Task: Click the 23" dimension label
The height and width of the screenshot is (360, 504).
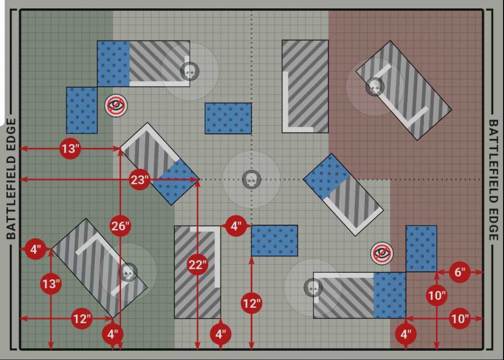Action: pos(139,180)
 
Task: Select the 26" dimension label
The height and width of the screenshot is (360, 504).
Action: pos(120,226)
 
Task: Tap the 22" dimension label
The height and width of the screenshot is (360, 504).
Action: pos(197,265)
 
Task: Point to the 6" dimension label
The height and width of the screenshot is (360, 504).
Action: pos(460,272)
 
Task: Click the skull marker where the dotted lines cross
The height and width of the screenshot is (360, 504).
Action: pos(252,180)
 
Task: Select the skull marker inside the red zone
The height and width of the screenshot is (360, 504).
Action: pos(375,87)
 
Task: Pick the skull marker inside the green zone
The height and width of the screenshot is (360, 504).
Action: pos(128,272)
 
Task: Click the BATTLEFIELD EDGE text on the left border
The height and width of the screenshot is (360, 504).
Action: pos(11,179)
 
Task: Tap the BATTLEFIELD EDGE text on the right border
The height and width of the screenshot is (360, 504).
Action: pos(493,180)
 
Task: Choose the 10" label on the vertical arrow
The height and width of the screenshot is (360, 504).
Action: pos(437,295)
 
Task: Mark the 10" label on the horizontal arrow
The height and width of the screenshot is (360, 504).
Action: pos(460,319)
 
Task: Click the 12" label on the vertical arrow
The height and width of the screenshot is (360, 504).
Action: pos(252,303)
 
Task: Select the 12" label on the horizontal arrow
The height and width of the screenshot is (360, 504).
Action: pos(82,319)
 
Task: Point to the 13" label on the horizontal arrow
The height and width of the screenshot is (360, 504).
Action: pos(70,149)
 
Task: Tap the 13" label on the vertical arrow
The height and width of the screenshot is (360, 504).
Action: pos(51,284)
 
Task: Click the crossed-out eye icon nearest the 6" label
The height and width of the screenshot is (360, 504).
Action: pos(381,253)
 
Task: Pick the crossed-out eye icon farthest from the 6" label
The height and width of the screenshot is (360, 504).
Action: pos(116,105)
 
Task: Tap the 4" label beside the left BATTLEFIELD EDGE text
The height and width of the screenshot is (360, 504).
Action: pos(35,249)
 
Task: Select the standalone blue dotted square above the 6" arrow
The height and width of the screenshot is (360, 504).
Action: pos(421,249)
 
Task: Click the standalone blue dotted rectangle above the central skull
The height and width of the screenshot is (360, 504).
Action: pos(228,118)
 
